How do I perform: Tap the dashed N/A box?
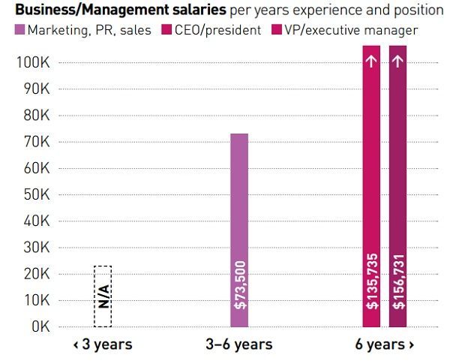tap(103, 296)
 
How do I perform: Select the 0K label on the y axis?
tap(40, 327)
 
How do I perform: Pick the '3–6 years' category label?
tap(238, 345)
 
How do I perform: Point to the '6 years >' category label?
tap(385, 345)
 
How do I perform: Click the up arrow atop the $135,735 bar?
tap(371, 59)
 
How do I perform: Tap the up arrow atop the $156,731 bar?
tap(397, 59)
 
